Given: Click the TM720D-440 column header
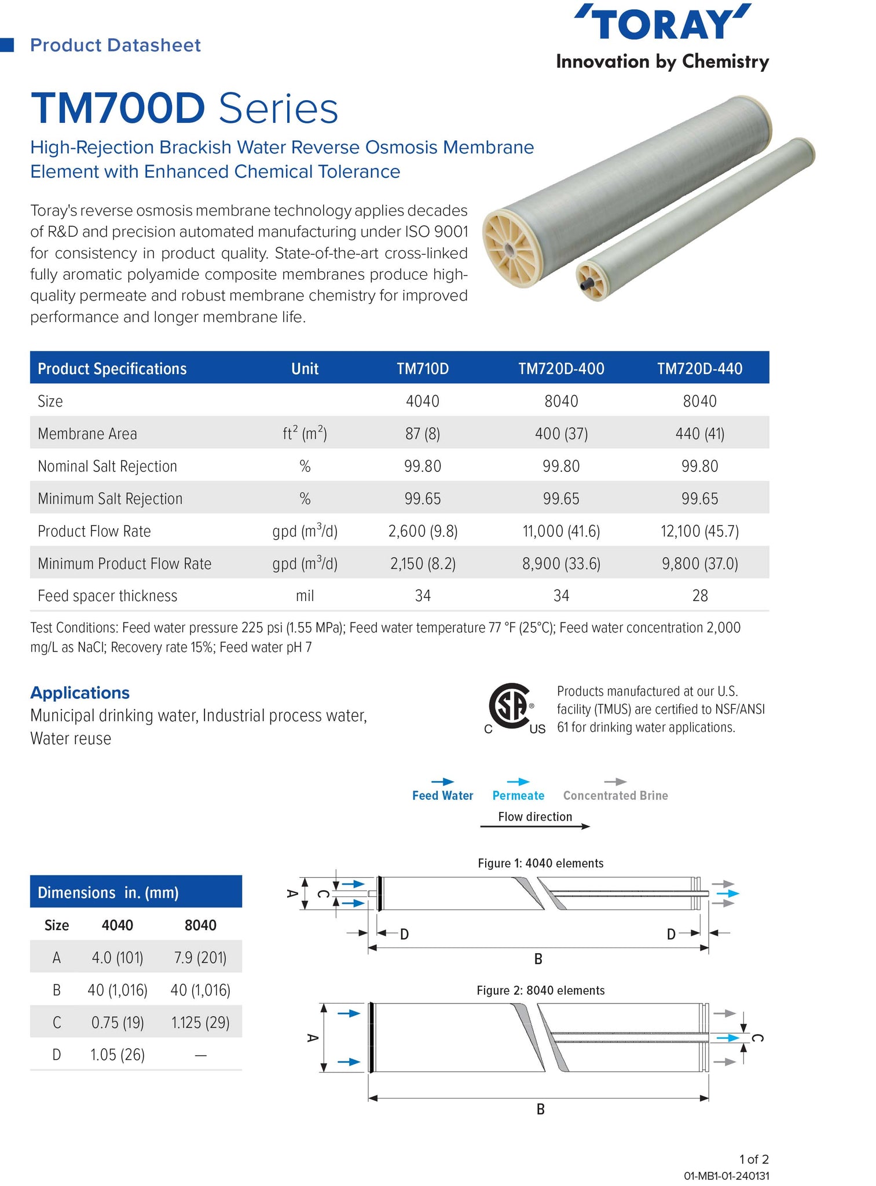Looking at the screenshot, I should pyautogui.click(x=699, y=369).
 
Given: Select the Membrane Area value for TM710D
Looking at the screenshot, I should pyautogui.click(x=423, y=434).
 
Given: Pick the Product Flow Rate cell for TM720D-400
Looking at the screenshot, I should pyautogui.click(x=561, y=531).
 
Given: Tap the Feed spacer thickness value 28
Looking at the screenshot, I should pyautogui.click(x=699, y=596).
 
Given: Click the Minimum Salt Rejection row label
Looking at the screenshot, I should pyautogui.click(x=110, y=499).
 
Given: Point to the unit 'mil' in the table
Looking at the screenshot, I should pyautogui.click(x=305, y=596).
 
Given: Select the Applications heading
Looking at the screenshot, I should pyautogui.click(x=80, y=693).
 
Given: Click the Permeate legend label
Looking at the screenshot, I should pyautogui.click(x=518, y=796).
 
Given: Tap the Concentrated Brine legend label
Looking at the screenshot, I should pyautogui.click(x=615, y=796).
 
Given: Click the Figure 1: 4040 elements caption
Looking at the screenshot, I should pyautogui.click(x=540, y=863).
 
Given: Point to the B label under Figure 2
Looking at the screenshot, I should pyautogui.click(x=540, y=1109).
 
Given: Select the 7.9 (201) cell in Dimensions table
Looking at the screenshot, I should pyautogui.click(x=200, y=958).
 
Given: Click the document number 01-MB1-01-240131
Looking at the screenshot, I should pyautogui.click(x=726, y=1176).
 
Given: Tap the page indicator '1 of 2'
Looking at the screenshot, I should pyautogui.click(x=754, y=1159).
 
